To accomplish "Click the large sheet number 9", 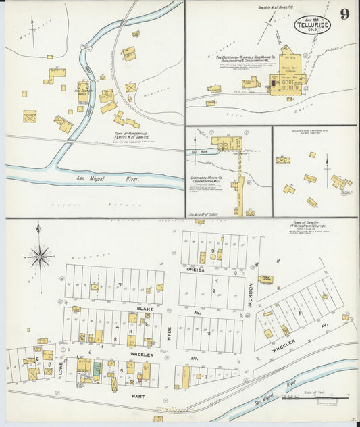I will [x=344, y=14].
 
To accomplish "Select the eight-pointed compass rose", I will [x=40, y=257].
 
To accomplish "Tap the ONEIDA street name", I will [x=195, y=268].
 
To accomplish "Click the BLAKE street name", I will [x=143, y=308].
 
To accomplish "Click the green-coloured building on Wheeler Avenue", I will [x=97, y=370].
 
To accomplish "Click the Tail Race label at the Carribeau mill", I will [x=195, y=152].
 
